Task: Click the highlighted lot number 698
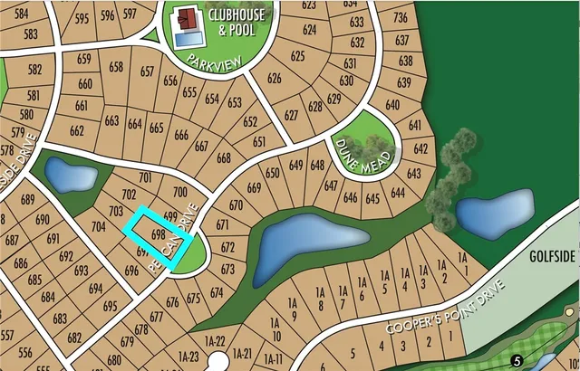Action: pos(158,233)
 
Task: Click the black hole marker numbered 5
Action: pos(517,360)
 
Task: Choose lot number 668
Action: pos(224,158)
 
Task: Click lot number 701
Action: pos(145,177)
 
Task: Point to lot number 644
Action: pos(398,192)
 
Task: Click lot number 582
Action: pos(35,70)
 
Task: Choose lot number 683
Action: pos(61,319)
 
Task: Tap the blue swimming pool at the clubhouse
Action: pos(188,40)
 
